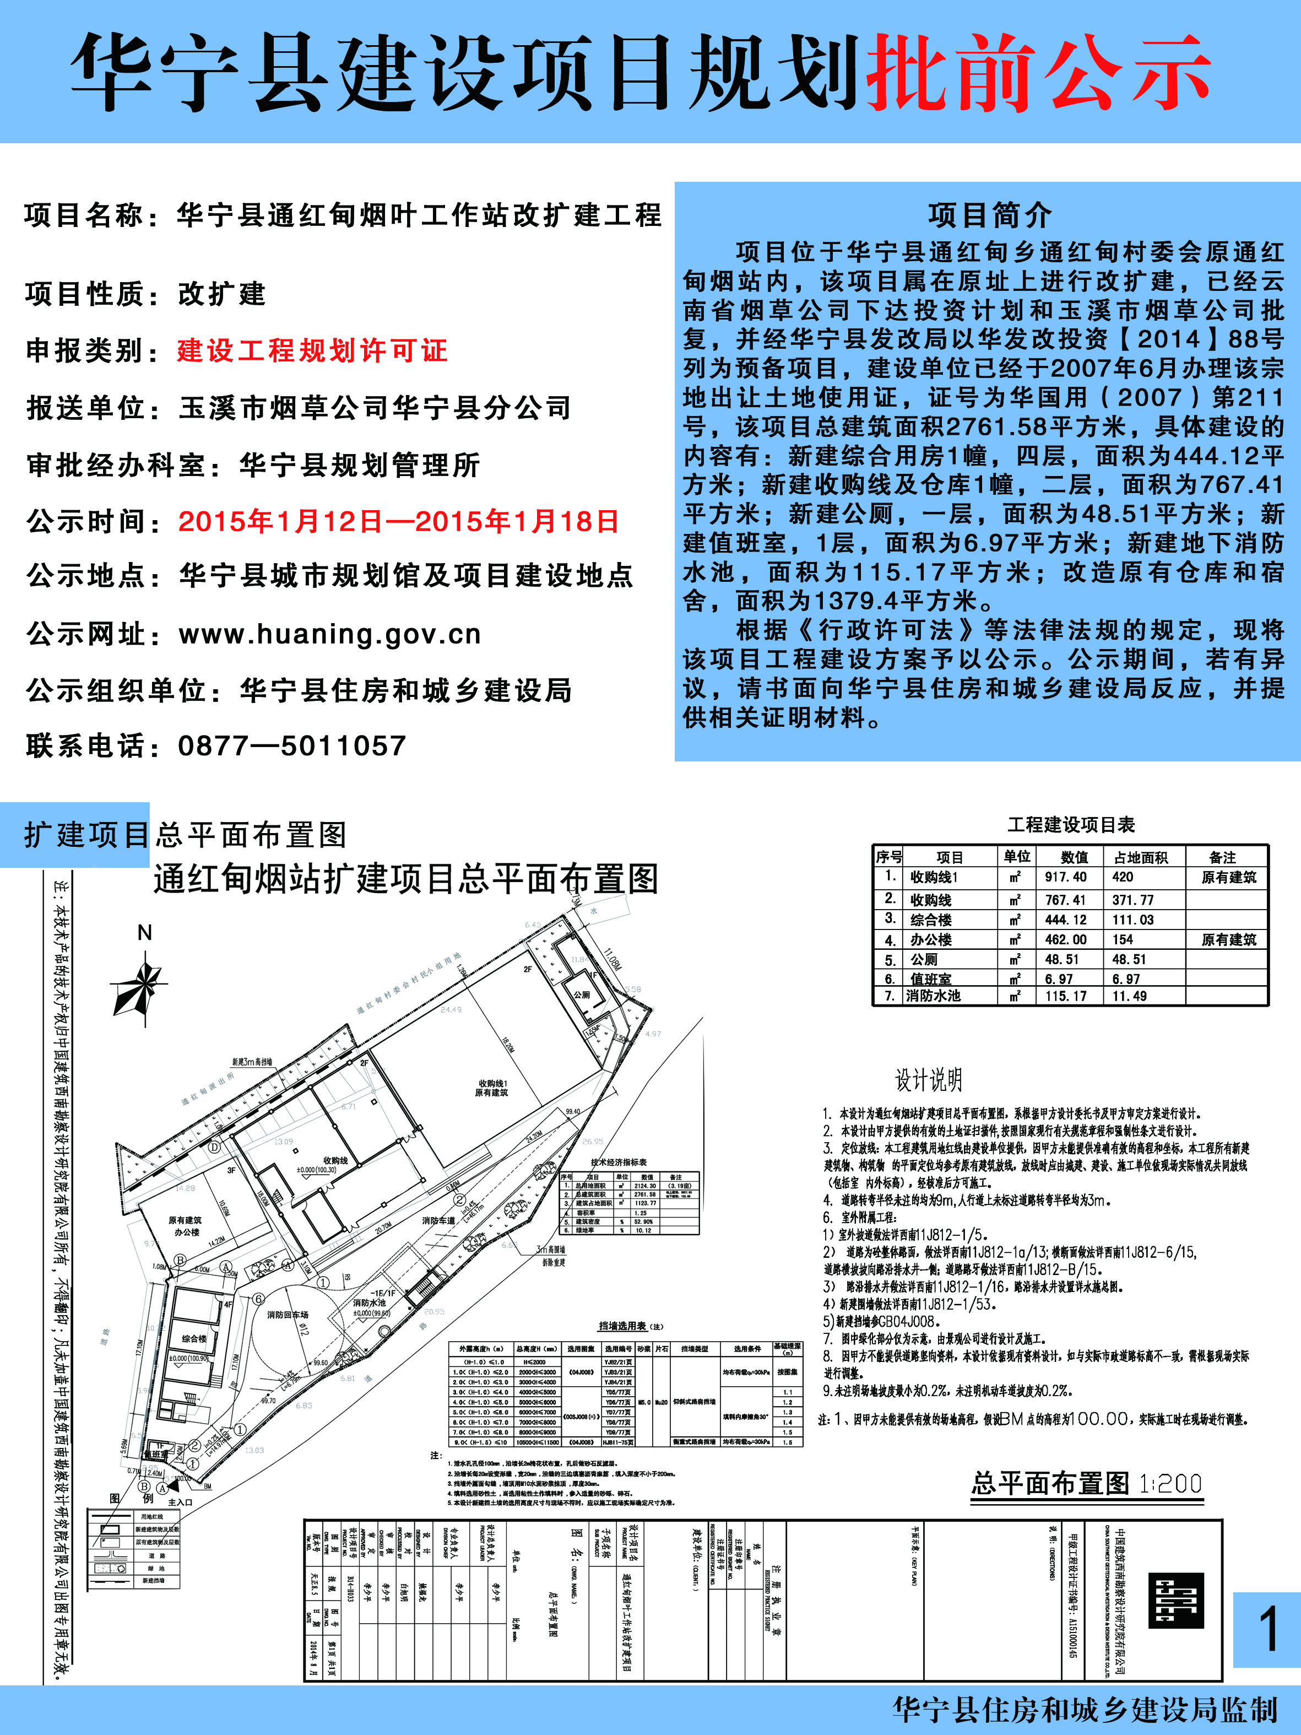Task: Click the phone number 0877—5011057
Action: (x=292, y=746)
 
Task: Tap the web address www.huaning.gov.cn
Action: (x=329, y=634)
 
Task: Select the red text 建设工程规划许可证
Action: (x=312, y=350)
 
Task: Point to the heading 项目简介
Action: (x=990, y=214)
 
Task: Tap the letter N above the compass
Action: (x=144, y=933)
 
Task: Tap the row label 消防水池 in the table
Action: (x=933, y=996)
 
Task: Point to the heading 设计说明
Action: (x=929, y=1080)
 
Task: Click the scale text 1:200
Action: (x=1170, y=1484)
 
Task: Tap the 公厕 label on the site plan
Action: (x=581, y=994)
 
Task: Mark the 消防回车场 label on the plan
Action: (x=288, y=1315)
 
